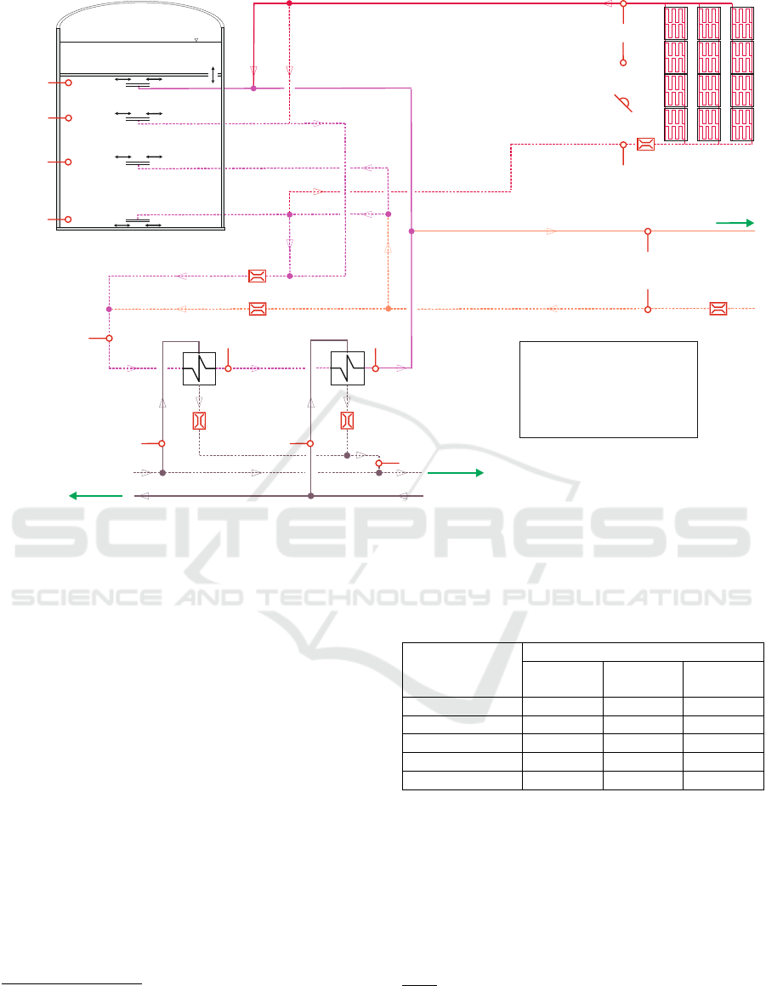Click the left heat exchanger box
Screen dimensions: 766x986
point(199,368)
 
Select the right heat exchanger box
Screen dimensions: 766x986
point(348,368)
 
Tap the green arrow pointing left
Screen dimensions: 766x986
point(95,496)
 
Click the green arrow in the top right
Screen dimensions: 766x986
point(735,223)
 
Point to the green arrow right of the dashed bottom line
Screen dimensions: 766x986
point(456,473)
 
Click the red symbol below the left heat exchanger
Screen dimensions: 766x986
point(199,420)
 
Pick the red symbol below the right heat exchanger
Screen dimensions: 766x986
point(348,420)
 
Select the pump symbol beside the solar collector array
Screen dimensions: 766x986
point(645,144)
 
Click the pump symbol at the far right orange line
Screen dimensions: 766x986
point(718,309)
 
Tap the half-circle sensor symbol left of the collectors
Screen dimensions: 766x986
point(623,103)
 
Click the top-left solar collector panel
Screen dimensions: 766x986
point(676,23)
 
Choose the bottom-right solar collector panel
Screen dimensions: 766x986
point(742,124)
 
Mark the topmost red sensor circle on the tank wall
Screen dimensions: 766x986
point(69,83)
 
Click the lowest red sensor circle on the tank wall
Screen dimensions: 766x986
point(69,219)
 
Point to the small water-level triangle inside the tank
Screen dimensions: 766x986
point(196,40)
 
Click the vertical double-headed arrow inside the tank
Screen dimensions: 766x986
point(213,75)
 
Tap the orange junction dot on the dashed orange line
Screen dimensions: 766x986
point(389,309)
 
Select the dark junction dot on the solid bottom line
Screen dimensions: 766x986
point(310,496)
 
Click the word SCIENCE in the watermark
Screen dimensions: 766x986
point(87,597)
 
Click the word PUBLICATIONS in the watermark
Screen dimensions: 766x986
point(627,597)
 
